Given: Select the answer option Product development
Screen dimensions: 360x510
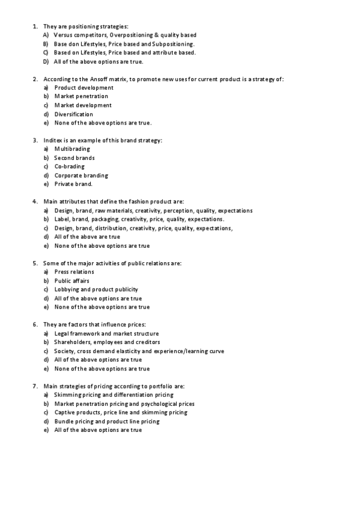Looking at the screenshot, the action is point(84,88).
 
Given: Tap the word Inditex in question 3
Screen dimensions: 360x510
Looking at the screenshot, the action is point(53,140).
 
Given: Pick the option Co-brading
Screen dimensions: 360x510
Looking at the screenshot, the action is point(70,167).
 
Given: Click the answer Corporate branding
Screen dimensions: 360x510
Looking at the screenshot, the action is point(81,176).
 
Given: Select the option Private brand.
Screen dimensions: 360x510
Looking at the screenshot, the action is point(73,184).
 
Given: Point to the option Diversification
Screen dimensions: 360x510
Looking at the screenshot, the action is point(74,114).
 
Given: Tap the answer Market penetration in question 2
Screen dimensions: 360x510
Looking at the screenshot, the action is point(81,96).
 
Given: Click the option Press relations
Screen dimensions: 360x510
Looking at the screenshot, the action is point(74,272).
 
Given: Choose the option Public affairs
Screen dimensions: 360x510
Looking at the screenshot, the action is point(72,281).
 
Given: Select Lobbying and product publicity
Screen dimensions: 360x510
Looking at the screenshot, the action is point(96,289).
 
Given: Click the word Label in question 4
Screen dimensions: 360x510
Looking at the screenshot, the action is point(61,220).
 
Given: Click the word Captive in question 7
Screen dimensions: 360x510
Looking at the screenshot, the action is point(64,413).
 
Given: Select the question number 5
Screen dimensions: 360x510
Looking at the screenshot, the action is point(35,263).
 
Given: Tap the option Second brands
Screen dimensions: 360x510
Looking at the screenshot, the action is point(75,158).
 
